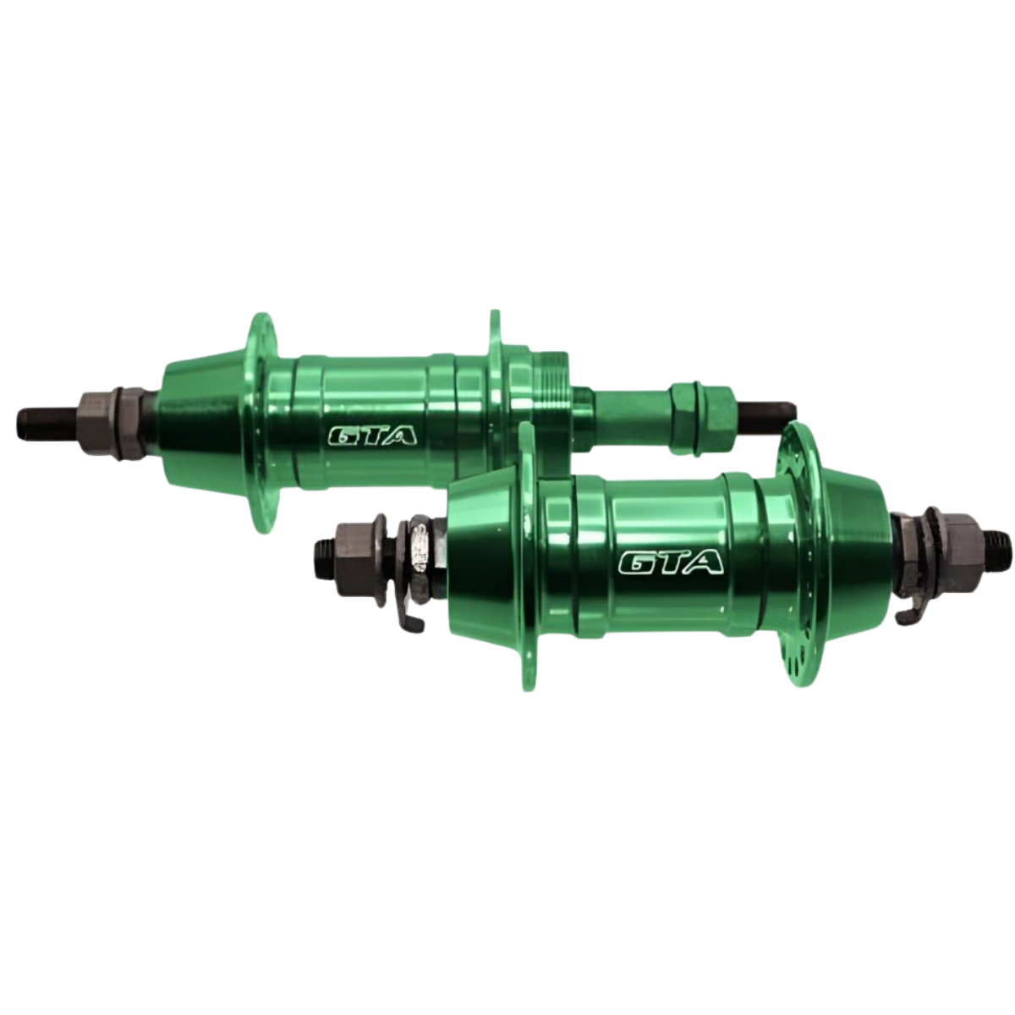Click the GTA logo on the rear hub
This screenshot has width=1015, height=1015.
372,435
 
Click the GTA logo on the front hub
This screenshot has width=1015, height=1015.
671,562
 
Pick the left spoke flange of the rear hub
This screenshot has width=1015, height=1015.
261,422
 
